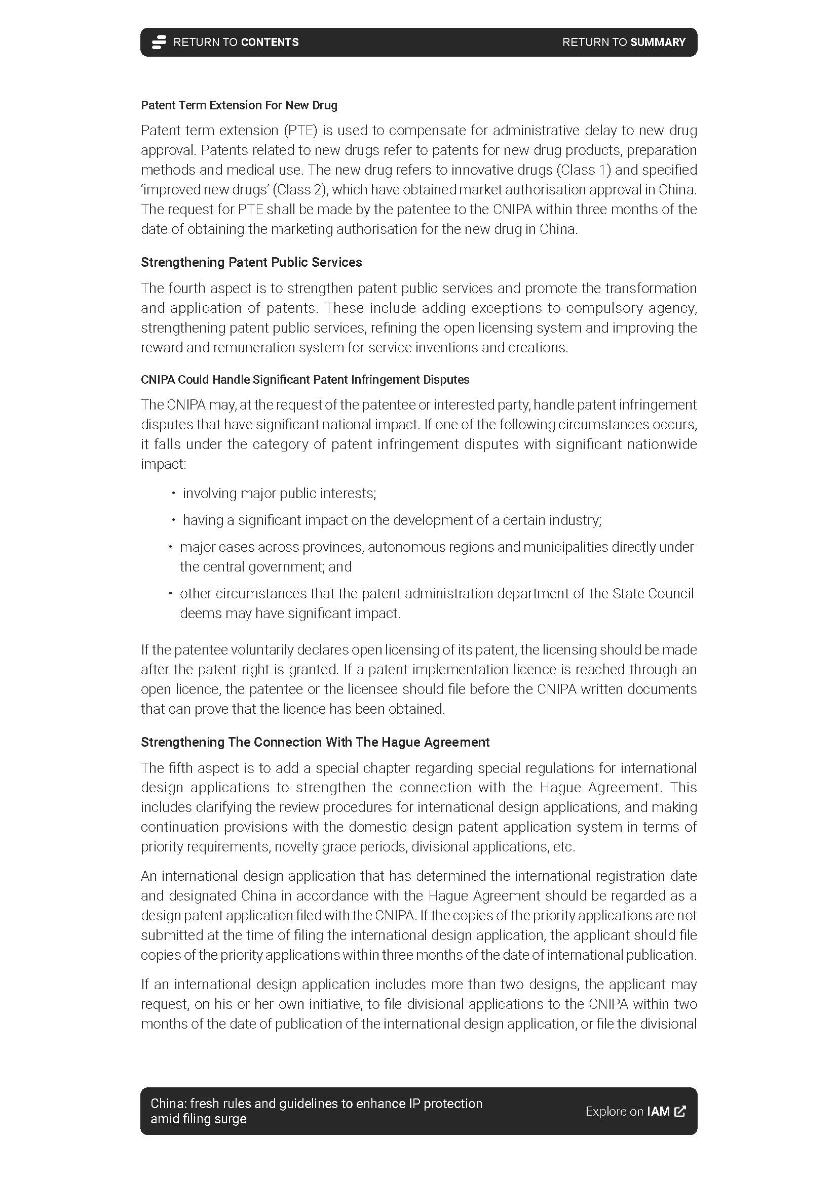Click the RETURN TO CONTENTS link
coord(235,43)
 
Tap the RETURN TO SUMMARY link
coord(623,43)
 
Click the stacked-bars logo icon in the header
coord(159,43)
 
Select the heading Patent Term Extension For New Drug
coord(239,105)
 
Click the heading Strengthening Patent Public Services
coord(251,263)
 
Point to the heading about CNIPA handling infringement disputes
coord(305,380)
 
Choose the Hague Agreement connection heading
coord(315,742)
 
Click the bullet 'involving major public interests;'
coord(279,494)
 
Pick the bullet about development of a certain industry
coord(392,520)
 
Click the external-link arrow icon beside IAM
coord(680,1111)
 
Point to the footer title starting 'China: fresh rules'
coord(316,1111)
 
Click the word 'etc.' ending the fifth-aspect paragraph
coord(563,847)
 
